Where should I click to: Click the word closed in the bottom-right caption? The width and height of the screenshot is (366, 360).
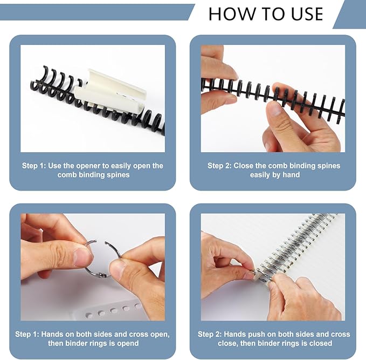320,343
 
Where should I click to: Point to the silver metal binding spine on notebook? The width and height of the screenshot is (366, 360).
302,243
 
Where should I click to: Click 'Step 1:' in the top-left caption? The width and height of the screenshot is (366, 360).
33,166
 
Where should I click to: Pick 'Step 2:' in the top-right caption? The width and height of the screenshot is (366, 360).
219,166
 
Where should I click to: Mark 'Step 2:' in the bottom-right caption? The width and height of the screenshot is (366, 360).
210,334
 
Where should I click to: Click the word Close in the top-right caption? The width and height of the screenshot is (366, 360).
245,166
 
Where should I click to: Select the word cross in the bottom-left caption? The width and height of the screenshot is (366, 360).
136,334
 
